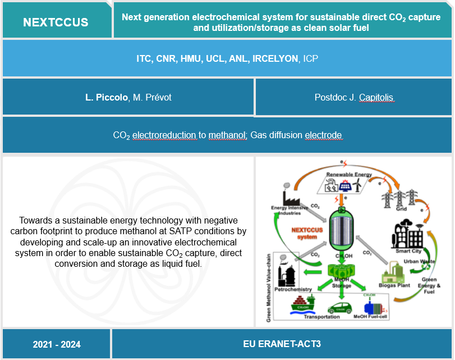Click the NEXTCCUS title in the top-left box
pyautogui.click(x=56, y=22)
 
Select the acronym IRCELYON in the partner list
pyautogui.click(x=275, y=58)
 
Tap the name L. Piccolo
pyautogui.click(x=105, y=98)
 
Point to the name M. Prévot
pyautogui.click(x=151, y=98)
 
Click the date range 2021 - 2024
pyautogui.click(x=57, y=344)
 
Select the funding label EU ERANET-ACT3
pyautogui.click(x=282, y=344)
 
